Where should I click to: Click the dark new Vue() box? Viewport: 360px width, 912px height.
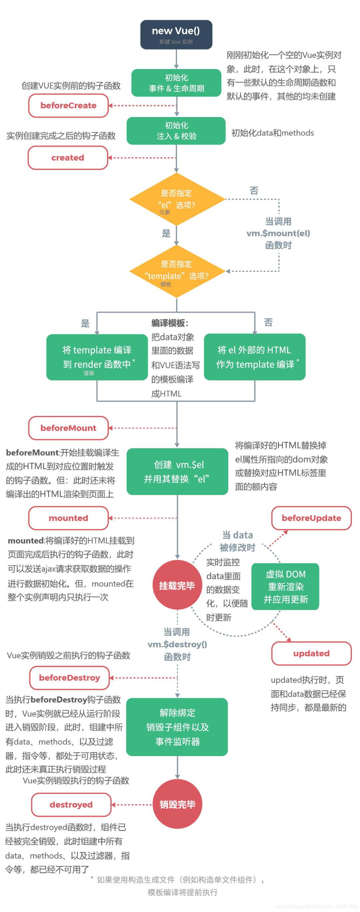point(176,34)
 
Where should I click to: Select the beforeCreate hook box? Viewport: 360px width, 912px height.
point(68,105)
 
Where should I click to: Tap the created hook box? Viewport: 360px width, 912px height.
point(68,157)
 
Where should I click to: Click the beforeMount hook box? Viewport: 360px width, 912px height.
point(68,428)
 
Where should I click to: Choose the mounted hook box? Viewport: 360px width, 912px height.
point(68,518)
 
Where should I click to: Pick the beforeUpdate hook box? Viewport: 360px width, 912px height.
point(311,518)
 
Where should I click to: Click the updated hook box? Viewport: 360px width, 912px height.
point(311,653)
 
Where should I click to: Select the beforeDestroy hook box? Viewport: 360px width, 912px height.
point(69,678)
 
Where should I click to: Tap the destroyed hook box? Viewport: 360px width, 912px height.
point(71,804)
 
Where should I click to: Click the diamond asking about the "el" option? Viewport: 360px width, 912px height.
point(177,199)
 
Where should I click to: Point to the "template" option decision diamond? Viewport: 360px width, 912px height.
point(177,271)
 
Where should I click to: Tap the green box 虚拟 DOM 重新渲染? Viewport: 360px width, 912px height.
point(285,586)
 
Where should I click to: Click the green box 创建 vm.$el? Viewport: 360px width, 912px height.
point(177,471)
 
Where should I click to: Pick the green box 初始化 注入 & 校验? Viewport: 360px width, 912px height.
point(176,131)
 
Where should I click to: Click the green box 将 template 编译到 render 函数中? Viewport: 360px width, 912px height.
point(97,357)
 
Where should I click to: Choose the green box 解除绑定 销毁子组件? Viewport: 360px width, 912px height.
point(177,727)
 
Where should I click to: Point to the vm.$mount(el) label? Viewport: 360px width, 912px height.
point(278,233)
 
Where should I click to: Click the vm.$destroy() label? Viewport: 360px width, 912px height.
point(177,644)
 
